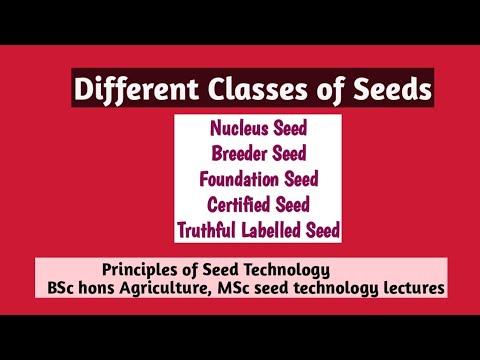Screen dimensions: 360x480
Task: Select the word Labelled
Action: (275, 230)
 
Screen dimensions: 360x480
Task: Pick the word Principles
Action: (139, 270)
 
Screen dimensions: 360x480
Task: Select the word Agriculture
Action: (171, 288)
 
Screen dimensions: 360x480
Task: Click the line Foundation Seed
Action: (259, 180)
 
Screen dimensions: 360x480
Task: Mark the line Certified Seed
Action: (259, 205)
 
